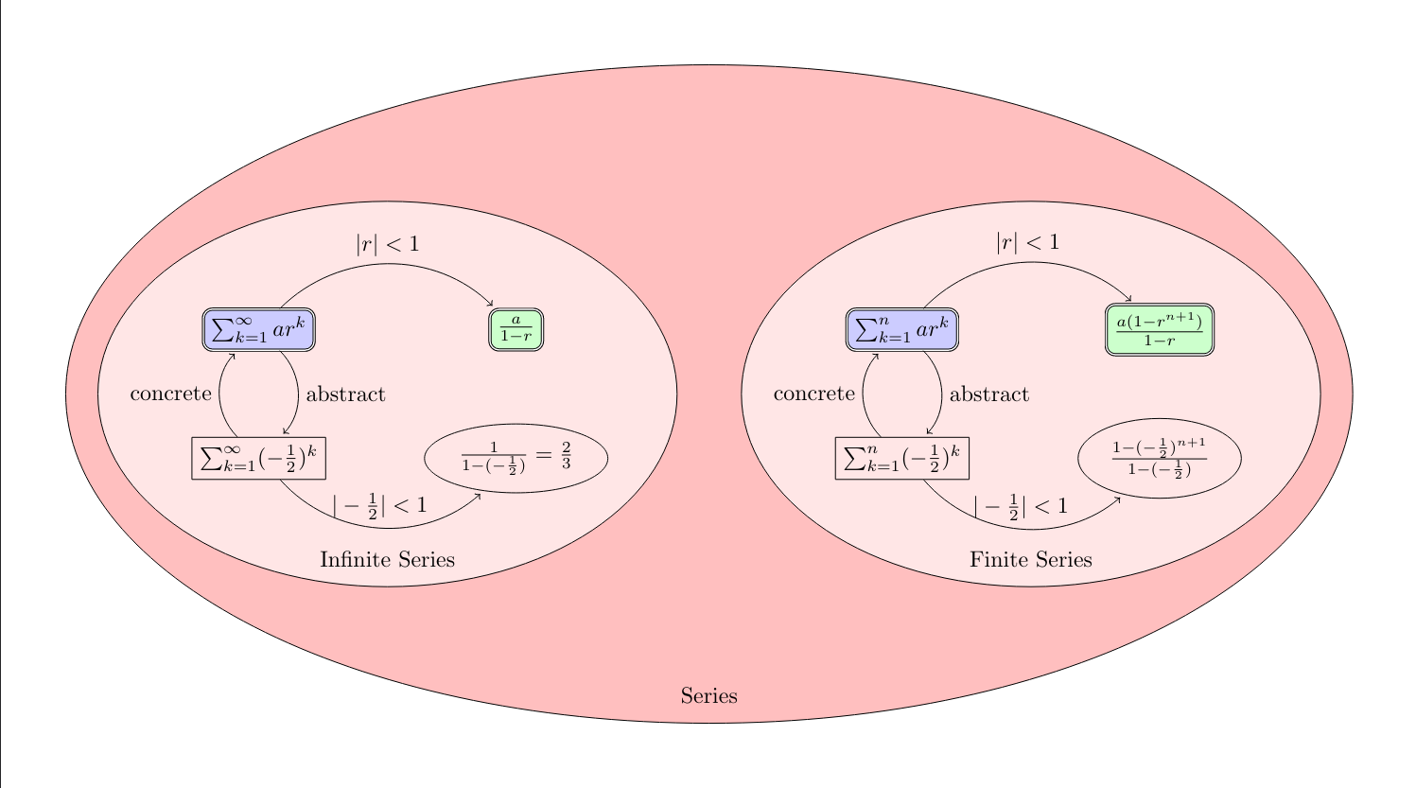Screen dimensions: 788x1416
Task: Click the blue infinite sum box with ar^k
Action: pyautogui.click(x=258, y=330)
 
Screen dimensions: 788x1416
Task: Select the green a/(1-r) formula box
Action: pyautogui.click(x=516, y=330)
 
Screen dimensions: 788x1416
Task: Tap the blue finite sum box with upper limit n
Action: pyautogui.click(x=902, y=330)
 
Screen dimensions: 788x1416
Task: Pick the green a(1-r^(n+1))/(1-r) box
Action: pyautogui.click(x=1159, y=330)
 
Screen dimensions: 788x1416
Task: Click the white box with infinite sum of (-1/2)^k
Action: pyautogui.click(x=258, y=459)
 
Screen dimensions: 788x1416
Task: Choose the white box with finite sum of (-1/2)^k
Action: pyautogui.click(x=902, y=459)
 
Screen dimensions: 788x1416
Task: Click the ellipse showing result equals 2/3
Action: pyautogui.click(x=516, y=459)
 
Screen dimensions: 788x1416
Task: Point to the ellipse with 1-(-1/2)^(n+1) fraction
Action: pyautogui.click(x=1159, y=459)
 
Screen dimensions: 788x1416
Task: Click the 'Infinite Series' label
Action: pyautogui.click(x=387, y=559)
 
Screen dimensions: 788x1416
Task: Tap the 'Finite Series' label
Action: pyautogui.click(x=1031, y=559)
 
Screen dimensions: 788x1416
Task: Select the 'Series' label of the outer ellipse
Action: pyautogui.click(x=708, y=696)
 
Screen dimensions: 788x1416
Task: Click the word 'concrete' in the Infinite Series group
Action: pyautogui.click(x=170, y=394)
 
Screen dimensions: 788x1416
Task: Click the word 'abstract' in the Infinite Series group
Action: pyautogui.click(x=345, y=394)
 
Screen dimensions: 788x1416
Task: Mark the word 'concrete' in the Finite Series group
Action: pyautogui.click(x=813, y=394)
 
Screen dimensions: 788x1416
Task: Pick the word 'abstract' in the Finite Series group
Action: pyautogui.click(x=988, y=394)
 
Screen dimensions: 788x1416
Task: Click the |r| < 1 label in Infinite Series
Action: pyautogui.click(x=387, y=244)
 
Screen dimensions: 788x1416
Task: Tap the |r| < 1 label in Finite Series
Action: pyautogui.click(x=1027, y=242)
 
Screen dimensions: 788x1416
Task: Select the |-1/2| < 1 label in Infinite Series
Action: pyautogui.click(x=379, y=506)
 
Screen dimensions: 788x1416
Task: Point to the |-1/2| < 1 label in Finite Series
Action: pyautogui.click(x=1021, y=506)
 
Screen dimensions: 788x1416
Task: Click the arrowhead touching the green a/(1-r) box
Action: pyautogui.click(x=490, y=304)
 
